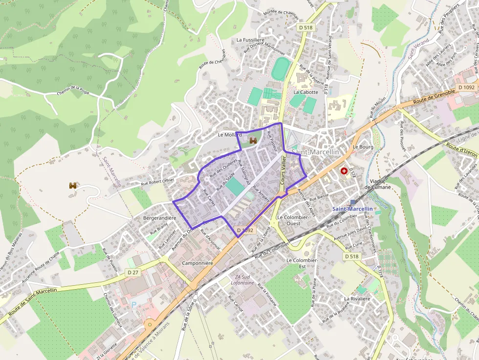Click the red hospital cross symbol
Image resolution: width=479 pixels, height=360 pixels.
[345, 171]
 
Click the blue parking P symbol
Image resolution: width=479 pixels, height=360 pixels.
[134, 304]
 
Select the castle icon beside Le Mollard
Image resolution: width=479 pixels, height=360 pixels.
[253, 141]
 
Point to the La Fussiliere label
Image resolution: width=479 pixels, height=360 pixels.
[250, 40]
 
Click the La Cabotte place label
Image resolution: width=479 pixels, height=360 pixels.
[305, 92]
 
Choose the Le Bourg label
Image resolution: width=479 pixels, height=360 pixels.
[363, 147]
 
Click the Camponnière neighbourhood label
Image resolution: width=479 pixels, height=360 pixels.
[197, 263]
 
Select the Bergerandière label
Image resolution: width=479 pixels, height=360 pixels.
[159, 218]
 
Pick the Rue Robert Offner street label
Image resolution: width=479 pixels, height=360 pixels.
[157, 182]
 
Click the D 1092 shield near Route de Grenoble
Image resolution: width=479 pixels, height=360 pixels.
[466, 87]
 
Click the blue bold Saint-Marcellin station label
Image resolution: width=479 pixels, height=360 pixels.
[352, 209]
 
